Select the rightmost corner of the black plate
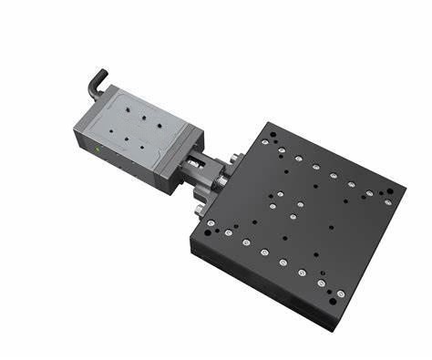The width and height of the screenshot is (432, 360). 400,191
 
